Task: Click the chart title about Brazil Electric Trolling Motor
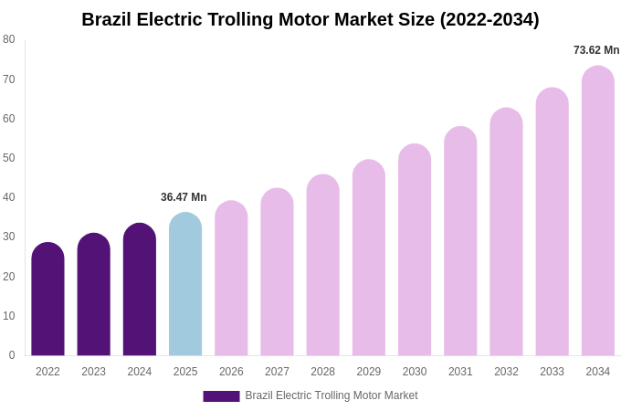coord(310,19)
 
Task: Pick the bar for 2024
coord(140,290)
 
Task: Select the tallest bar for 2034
coord(598,211)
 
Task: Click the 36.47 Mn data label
coord(184,197)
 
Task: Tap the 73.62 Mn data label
coord(596,50)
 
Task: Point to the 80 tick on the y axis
coord(9,39)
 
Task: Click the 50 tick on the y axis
coord(9,158)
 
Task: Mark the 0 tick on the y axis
coord(12,355)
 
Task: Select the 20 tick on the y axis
coord(9,277)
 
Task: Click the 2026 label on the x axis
coord(231,372)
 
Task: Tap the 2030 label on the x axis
coord(415,372)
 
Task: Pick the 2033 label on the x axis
coord(552,372)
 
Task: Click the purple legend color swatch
coord(221,396)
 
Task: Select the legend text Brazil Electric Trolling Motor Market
coord(332,395)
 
